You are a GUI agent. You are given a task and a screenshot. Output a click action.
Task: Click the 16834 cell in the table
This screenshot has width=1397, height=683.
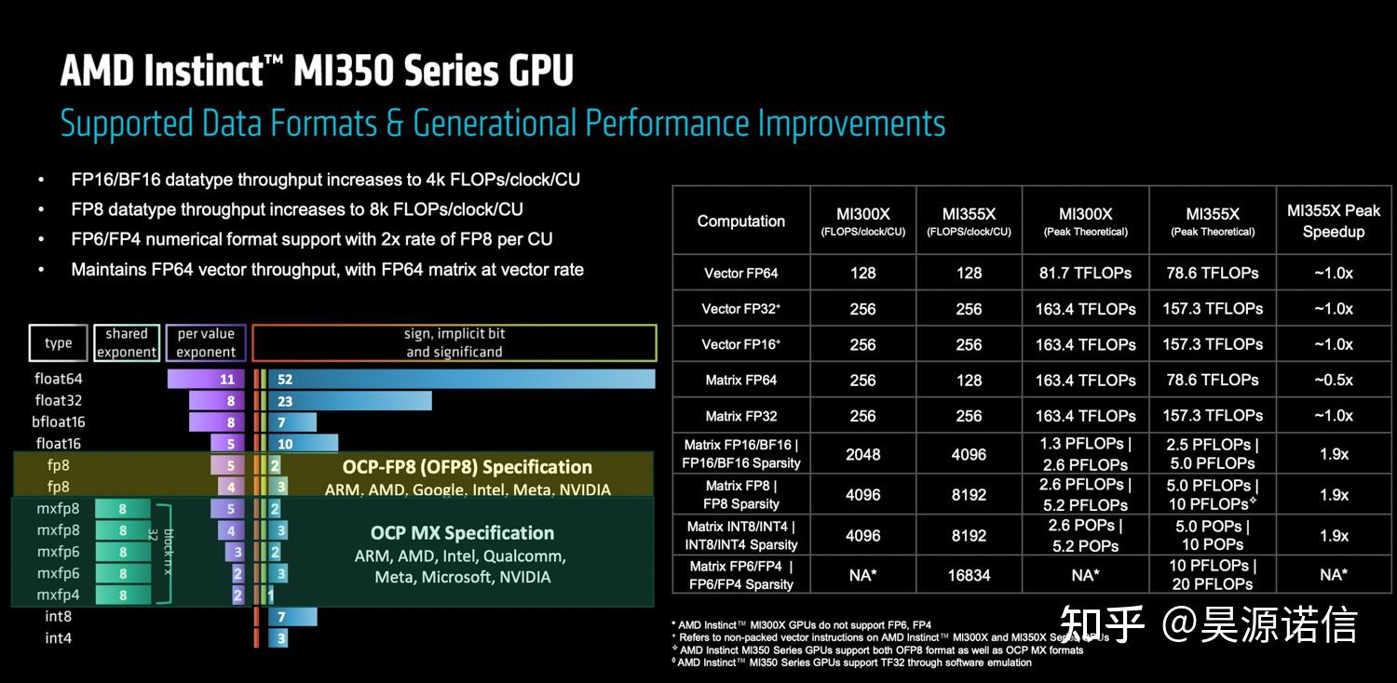pyautogui.click(x=969, y=575)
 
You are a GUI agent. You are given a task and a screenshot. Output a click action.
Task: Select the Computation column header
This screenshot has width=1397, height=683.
pyautogui.click(x=741, y=221)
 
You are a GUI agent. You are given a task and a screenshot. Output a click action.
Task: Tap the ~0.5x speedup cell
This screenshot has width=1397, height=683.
pyautogui.click(x=1334, y=380)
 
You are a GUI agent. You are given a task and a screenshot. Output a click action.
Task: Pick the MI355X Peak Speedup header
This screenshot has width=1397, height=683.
pyautogui.click(x=1334, y=221)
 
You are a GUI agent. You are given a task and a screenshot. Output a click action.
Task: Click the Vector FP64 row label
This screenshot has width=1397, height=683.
pyautogui.click(x=741, y=274)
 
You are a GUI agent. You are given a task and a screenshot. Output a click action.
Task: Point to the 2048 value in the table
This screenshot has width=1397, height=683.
pyautogui.click(x=862, y=454)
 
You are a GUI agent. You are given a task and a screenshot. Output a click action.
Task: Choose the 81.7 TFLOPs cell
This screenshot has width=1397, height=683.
pyautogui.click(x=1085, y=274)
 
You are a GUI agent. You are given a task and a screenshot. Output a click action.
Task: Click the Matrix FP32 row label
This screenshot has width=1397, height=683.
pyautogui.click(x=741, y=416)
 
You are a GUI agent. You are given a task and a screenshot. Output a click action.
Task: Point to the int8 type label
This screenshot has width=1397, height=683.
pyautogui.click(x=59, y=616)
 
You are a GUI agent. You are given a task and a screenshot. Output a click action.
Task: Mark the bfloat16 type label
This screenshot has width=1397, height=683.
pyautogui.click(x=59, y=422)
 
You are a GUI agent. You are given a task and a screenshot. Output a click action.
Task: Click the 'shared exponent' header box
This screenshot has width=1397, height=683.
pyautogui.click(x=127, y=342)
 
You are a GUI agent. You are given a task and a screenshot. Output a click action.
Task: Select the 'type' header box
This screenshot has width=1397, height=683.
pyautogui.click(x=59, y=342)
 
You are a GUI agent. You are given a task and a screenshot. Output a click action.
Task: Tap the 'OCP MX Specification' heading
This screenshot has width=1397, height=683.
pyautogui.click(x=462, y=533)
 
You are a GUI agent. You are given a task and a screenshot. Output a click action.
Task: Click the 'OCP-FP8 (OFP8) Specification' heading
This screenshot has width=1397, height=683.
pyautogui.click(x=467, y=467)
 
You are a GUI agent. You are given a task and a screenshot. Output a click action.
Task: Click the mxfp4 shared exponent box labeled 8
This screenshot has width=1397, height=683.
pyautogui.click(x=122, y=595)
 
